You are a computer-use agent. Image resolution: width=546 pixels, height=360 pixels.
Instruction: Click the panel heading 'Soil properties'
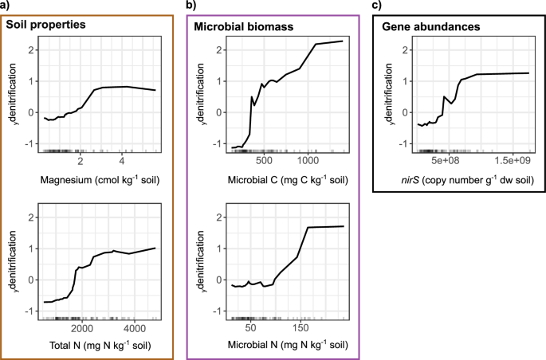click(x=45, y=26)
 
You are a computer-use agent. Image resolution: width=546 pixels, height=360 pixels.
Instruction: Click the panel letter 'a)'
click(x=6, y=6)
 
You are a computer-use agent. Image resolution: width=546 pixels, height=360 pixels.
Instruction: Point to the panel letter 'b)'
click(x=192, y=6)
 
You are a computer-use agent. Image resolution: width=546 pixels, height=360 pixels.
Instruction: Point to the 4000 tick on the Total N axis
click(x=134, y=327)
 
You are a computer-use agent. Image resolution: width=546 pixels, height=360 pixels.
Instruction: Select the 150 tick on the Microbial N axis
click(x=300, y=327)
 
